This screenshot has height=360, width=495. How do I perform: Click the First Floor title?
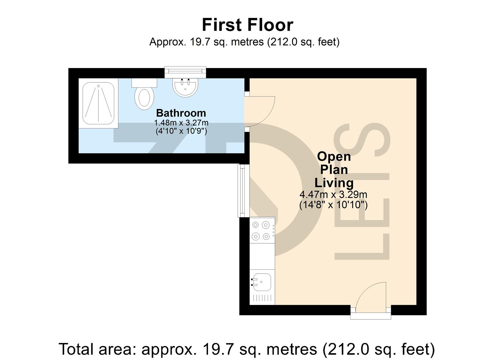tap(247, 25)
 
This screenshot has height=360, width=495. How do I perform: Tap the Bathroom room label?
tap(181, 113)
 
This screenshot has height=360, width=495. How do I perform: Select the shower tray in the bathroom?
tap(99, 103)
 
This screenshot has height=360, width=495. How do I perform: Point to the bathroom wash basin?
tap(185, 87)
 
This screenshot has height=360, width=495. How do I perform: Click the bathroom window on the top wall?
tap(185, 71)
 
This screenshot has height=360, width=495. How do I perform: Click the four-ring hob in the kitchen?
tap(261, 231)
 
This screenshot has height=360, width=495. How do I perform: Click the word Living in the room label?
tap(334, 183)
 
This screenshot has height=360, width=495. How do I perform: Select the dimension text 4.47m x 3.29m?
tap(333, 194)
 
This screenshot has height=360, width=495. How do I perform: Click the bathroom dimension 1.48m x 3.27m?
tap(181, 123)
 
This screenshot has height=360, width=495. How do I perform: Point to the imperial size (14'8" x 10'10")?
tap(333, 204)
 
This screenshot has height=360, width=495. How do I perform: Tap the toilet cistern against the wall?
tap(144, 82)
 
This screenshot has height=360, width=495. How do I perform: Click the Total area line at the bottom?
tap(247, 349)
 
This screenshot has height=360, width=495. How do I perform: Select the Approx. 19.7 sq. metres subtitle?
tap(244, 42)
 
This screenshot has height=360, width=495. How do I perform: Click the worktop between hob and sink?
tap(262, 257)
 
